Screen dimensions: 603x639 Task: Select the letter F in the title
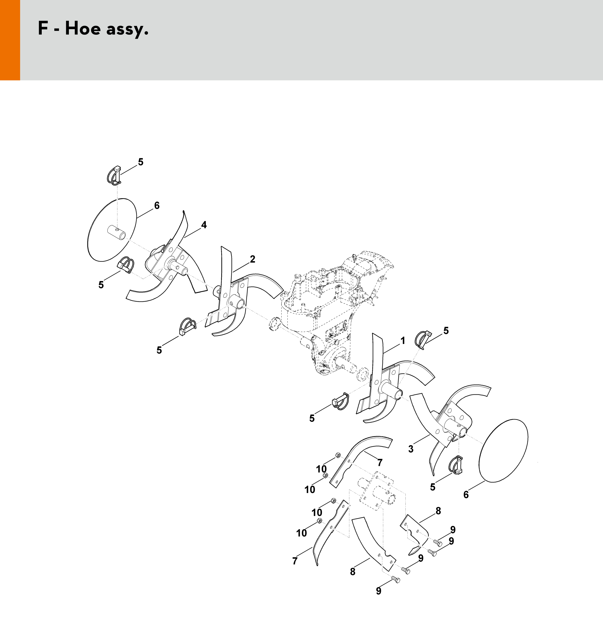tap(43, 28)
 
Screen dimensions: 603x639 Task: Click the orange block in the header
tap(10, 40)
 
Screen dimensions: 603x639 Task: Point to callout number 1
tap(402, 340)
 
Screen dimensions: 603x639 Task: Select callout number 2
tap(252, 259)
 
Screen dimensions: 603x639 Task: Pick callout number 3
tap(411, 449)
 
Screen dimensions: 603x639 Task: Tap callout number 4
tap(204, 225)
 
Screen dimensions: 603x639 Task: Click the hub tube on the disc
tap(117, 232)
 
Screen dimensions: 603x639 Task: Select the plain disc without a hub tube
tap(503, 455)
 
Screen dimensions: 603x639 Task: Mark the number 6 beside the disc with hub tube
tap(157, 206)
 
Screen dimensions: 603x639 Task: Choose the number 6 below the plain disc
tap(466, 495)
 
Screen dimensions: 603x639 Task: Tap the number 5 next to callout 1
tap(446, 330)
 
